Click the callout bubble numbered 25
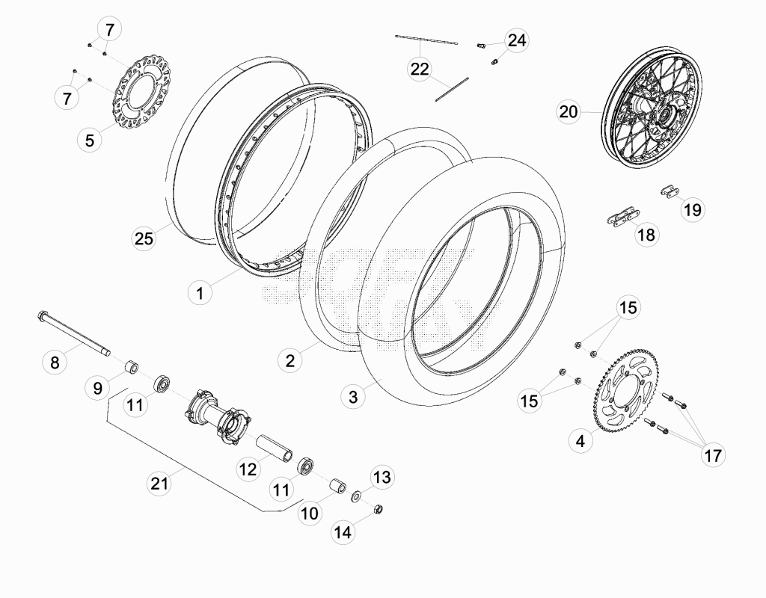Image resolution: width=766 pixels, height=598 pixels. pyautogui.click(x=144, y=238)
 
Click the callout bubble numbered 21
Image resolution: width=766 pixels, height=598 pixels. pyautogui.click(x=159, y=483)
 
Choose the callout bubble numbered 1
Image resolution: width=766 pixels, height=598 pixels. pyautogui.click(x=200, y=293)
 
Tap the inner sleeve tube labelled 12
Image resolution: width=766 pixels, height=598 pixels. pyautogui.click(x=275, y=449)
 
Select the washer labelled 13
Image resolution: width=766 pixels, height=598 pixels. pyautogui.click(x=357, y=497)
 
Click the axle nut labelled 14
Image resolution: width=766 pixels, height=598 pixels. pyautogui.click(x=378, y=509)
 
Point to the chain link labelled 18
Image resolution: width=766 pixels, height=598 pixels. pyautogui.click(x=624, y=215)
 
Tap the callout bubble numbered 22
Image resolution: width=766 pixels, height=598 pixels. pyautogui.click(x=420, y=69)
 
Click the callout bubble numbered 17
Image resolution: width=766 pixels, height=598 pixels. pyautogui.click(x=713, y=455)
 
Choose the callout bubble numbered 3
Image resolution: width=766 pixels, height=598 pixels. pyautogui.click(x=353, y=396)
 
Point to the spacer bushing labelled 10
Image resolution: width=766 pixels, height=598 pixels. pyautogui.click(x=337, y=487)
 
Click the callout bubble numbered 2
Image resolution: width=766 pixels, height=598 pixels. pyautogui.click(x=290, y=361)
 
